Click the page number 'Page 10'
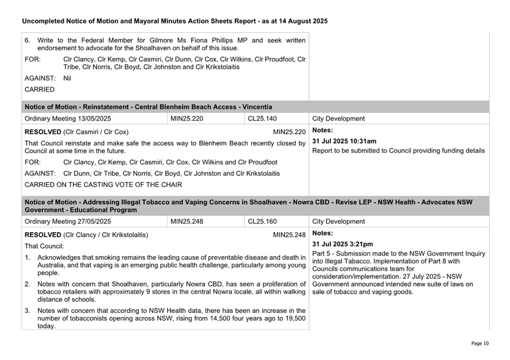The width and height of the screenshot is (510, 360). pos(480,343)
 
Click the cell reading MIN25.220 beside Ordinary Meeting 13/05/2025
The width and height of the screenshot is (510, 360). pos(186,119)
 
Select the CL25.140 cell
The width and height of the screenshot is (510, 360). pos(262,119)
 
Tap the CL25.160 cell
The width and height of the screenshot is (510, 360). pos(262,221)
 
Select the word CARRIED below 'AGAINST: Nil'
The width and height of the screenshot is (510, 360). pos(40,89)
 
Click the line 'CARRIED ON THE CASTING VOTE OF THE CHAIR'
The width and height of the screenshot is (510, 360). pos(103,185)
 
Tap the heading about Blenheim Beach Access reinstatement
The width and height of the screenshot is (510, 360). pos(148,107)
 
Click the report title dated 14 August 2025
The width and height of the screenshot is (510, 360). pos(174,21)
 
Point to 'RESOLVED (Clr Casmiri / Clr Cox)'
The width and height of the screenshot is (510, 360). pos(76,131)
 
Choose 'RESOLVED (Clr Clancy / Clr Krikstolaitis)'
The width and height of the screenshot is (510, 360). pos(86,234)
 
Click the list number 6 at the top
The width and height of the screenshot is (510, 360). pos(28,41)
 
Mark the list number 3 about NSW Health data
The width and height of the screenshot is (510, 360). pos(28,311)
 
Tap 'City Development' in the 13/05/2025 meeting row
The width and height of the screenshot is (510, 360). pos(338,119)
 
